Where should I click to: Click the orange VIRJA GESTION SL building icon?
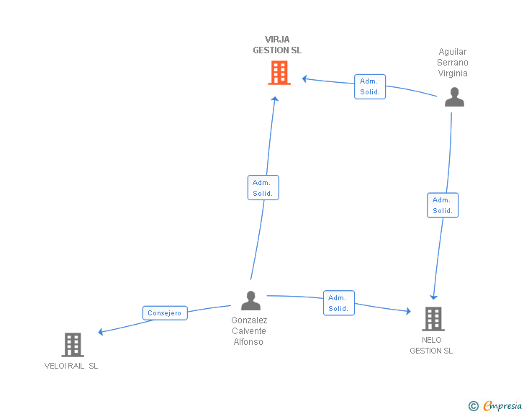tap(279, 73)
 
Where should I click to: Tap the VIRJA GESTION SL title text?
tap(277, 45)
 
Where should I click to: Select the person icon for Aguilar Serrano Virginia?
tap(454, 97)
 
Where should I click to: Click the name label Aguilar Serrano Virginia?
tap(453, 63)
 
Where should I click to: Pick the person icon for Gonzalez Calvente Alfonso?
tap(250, 300)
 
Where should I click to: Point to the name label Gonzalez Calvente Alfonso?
tap(249, 331)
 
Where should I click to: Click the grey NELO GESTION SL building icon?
tap(433, 318)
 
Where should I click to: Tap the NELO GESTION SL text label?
tap(431, 346)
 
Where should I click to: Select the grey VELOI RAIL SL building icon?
tap(72, 345)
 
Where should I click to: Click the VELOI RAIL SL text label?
tap(71, 366)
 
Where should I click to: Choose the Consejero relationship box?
tap(165, 313)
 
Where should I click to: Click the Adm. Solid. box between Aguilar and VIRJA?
tap(370, 86)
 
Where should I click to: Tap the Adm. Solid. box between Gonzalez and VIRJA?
tap(263, 188)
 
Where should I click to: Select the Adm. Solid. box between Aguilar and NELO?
tap(442, 205)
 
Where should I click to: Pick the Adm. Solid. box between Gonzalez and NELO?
tap(338, 303)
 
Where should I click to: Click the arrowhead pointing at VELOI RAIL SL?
tap(101, 332)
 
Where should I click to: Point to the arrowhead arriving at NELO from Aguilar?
tap(433, 296)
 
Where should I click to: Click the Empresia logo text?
tap(502, 406)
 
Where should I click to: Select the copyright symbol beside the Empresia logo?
tap(473, 406)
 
